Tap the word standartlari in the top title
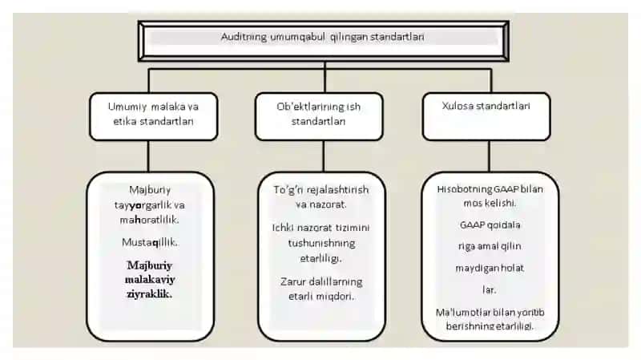(x=397, y=37)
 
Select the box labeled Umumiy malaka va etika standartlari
(x=153, y=116)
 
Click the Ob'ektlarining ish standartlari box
(x=319, y=116)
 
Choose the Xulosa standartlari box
(x=486, y=116)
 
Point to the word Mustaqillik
(x=150, y=242)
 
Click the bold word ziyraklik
(x=149, y=293)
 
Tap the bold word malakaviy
(x=150, y=279)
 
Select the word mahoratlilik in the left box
(x=149, y=220)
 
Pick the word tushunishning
(x=322, y=243)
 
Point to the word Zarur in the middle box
(x=292, y=282)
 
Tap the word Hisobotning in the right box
(x=464, y=189)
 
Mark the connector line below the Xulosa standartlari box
(x=489, y=156)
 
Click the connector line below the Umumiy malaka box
(x=148, y=156)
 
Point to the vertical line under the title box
(x=325, y=77)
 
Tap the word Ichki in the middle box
(x=283, y=228)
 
